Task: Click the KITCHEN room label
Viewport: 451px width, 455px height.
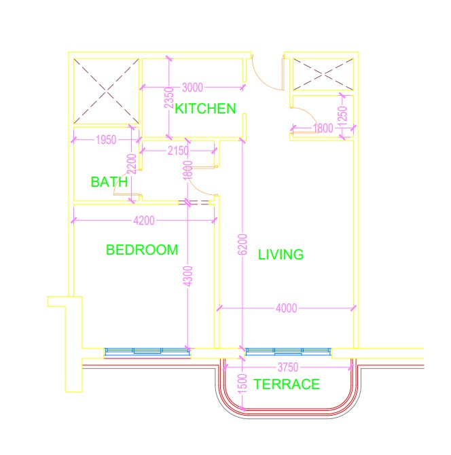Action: pyautogui.click(x=205, y=109)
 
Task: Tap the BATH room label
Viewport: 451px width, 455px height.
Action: pyautogui.click(x=109, y=182)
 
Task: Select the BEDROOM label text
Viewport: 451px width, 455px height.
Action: pyautogui.click(x=142, y=250)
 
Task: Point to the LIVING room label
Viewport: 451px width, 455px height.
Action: pyautogui.click(x=281, y=255)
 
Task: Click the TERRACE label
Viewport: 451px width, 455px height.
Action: pyautogui.click(x=287, y=384)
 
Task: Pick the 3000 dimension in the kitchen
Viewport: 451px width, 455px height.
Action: pyautogui.click(x=192, y=88)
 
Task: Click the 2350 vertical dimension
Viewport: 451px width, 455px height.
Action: pyautogui.click(x=168, y=98)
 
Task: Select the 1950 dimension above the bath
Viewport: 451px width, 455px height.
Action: pyautogui.click(x=106, y=140)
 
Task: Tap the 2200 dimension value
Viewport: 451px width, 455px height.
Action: pyautogui.click(x=132, y=164)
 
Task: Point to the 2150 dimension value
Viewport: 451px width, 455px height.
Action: pyautogui.click(x=178, y=151)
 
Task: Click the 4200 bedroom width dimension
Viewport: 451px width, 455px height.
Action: pyautogui.click(x=144, y=221)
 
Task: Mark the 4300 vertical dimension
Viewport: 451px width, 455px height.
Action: pyautogui.click(x=188, y=276)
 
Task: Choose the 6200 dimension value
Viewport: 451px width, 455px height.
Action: pyautogui.click(x=242, y=244)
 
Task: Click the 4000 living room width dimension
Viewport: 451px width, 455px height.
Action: pyautogui.click(x=287, y=308)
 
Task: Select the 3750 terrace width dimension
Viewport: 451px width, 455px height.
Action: pyautogui.click(x=288, y=367)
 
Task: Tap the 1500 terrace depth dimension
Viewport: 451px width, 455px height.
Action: pyautogui.click(x=242, y=384)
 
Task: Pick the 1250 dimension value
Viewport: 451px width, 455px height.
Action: pyautogui.click(x=343, y=115)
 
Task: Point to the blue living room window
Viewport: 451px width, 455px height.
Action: pyautogui.click(x=288, y=351)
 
